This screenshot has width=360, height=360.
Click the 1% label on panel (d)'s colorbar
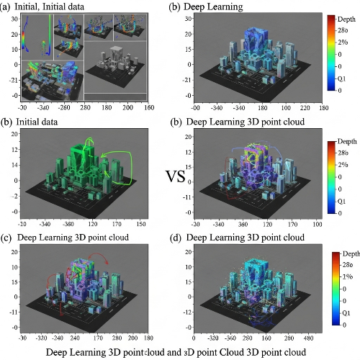(346, 277)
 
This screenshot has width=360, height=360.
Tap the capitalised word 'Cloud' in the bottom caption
(238, 352)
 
